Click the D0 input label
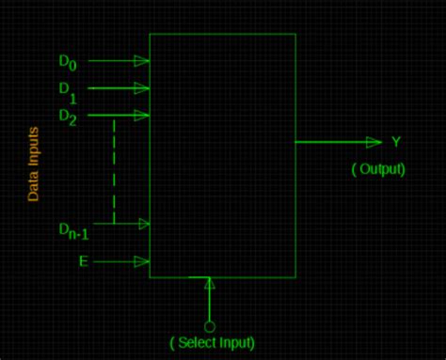(69, 62)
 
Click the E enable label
(84, 260)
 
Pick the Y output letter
(396, 142)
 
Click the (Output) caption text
(378, 170)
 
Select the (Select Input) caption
(212, 342)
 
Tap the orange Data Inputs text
(33, 165)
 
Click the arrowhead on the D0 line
(142, 60)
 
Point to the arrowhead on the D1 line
(142, 88)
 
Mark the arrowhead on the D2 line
(142, 116)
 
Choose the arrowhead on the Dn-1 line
(142, 224)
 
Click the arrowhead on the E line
(142, 260)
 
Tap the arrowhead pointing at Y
(374, 142)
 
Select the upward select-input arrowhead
(210, 284)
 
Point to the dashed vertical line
(114, 169)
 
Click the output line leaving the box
(329, 142)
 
